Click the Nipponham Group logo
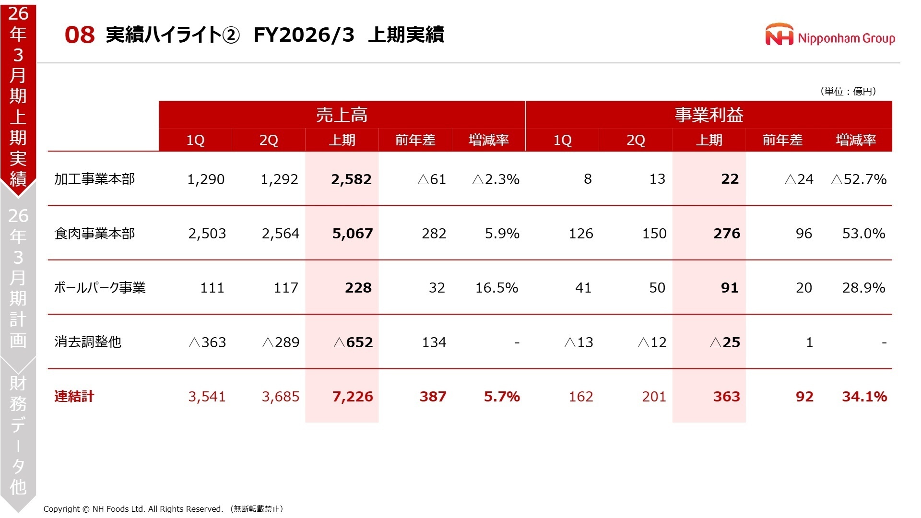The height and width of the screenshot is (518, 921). tap(830, 35)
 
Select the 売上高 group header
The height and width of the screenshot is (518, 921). tap(342, 115)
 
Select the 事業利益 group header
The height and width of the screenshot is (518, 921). tap(708, 115)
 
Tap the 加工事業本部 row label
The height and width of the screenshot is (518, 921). tap(94, 179)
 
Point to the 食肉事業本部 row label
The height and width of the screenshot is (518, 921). tap(94, 234)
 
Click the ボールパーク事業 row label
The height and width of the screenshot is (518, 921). tap(99, 288)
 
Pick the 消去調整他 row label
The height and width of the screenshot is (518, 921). tap(88, 342)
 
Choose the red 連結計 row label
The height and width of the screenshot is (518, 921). tap(74, 397)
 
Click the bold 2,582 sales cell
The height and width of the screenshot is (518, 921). tap(351, 179)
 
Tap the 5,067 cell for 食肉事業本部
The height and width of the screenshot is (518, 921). tap(352, 234)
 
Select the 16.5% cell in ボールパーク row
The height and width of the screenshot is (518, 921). tap(496, 288)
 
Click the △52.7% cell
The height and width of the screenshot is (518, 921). tap(859, 179)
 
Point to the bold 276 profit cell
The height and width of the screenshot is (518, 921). tap(727, 234)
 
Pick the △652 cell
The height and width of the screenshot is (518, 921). tap(353, 342)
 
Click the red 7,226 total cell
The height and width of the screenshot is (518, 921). tap(352, 397)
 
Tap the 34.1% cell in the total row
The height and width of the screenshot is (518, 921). tap(864, 397)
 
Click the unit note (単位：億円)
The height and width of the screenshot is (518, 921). tap(848, 91)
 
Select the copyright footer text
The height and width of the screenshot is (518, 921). tap(163, 509)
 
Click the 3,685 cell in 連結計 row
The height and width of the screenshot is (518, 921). tap(280, 397)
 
